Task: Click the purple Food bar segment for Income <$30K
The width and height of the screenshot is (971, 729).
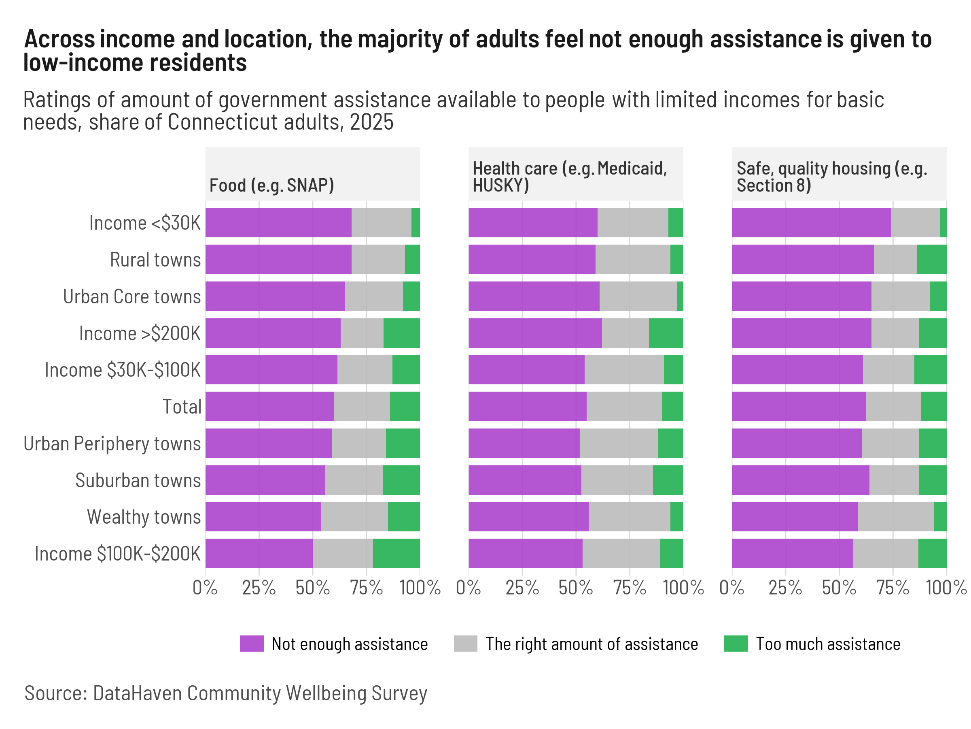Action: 278,223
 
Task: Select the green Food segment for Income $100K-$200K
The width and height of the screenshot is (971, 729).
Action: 396,553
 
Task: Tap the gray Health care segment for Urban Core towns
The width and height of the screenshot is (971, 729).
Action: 638,296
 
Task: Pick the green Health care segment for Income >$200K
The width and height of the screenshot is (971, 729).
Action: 666,333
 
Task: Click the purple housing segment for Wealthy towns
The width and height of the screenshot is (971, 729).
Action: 795,517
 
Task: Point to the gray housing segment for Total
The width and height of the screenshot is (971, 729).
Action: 893,407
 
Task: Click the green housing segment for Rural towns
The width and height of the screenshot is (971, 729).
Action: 931,259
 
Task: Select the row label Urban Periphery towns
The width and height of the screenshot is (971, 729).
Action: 112,443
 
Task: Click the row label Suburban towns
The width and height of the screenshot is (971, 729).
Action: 138,480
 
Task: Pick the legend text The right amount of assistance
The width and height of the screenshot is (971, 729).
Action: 591,644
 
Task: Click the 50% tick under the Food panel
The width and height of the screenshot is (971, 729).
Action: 313,588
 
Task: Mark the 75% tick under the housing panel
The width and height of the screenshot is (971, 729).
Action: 893,588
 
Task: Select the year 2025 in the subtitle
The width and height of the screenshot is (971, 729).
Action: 371,122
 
